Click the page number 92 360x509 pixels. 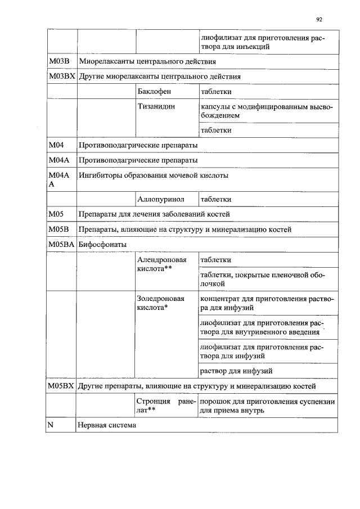319,19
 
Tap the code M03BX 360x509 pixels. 61,76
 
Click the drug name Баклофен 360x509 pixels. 154,91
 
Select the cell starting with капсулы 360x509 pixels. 267,111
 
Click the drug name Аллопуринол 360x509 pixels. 160,199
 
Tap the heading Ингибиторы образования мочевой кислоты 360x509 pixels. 154,175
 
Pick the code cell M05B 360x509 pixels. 58,229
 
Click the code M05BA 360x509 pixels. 61,245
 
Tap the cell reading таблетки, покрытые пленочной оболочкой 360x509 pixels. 267,280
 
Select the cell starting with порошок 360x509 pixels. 267,406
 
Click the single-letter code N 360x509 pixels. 50,426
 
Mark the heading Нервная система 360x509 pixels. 107,426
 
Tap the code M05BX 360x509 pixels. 61,386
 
